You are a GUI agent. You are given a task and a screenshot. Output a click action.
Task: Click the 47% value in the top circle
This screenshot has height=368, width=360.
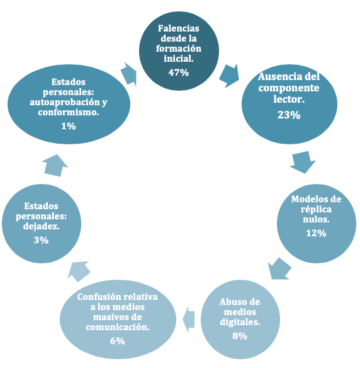tap(179, 72)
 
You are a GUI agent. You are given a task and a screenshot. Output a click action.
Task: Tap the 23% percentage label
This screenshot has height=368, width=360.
tap(289, 115)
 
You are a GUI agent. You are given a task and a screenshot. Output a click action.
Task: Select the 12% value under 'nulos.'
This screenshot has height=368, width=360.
tap(316, 233)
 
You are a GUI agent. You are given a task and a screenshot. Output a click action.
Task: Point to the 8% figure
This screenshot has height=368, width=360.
tap(240, 336)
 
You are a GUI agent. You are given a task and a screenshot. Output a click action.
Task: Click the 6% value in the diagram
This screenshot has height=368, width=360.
tap(118, 341)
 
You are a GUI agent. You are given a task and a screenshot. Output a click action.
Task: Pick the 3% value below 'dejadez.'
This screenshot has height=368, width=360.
tap(42, 240)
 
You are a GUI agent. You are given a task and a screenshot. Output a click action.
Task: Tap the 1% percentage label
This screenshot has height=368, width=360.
tap(69, 126)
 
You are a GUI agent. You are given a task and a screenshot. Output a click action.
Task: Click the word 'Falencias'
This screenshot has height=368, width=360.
tap(179, 28)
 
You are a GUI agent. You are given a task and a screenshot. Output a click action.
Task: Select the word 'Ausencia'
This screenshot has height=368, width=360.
tap(276, 76)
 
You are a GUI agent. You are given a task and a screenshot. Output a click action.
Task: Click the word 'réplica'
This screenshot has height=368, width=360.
tap(316, 209)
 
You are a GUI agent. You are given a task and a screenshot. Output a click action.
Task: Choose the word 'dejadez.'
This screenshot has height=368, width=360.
tap(42, 226)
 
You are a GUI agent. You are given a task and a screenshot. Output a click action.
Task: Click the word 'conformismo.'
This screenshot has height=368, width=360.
tap(69, 112)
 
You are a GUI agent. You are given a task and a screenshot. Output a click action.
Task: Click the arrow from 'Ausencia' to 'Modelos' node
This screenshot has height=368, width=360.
tap(303, 162)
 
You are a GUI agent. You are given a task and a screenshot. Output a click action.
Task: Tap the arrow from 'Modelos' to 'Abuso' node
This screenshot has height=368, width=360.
tap(279, 268)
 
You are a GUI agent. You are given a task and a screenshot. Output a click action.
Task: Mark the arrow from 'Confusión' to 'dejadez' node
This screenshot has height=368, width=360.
tap(79, 272)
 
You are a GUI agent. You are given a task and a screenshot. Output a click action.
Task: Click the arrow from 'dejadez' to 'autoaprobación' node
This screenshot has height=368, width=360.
tap(55, 166)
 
